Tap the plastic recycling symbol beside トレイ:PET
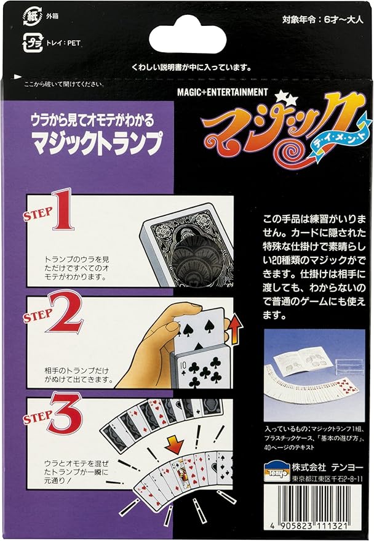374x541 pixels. coord(29,43)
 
